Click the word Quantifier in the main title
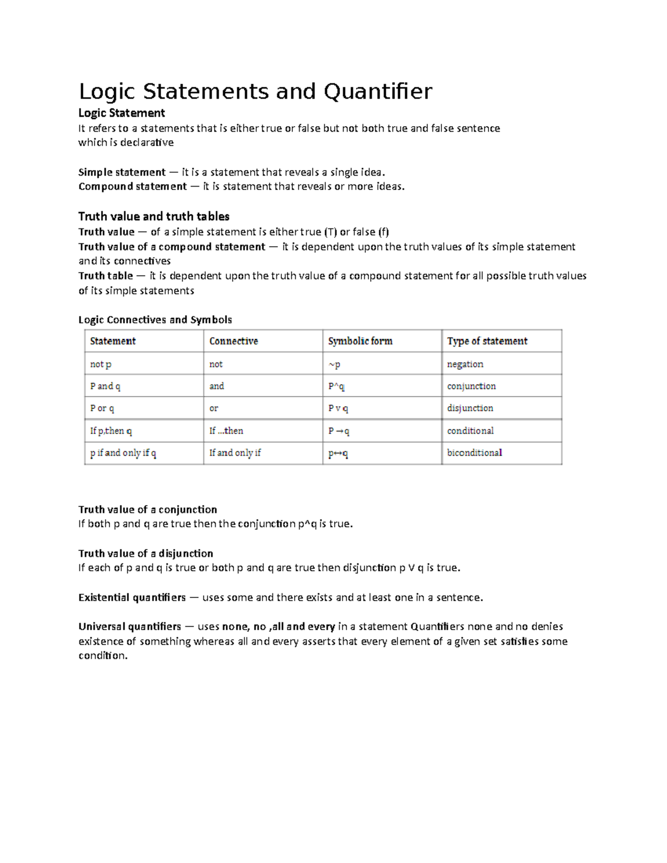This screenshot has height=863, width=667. pos(377,92)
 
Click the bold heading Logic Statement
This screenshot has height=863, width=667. pos(121,113)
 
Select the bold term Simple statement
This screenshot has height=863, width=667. pos(122,172)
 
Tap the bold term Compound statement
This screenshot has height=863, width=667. pos(132,187)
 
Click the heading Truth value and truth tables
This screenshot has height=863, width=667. pos(153,216)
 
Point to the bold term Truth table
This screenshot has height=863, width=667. pos(106,276)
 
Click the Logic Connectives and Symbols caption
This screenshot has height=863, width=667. pos(155,320)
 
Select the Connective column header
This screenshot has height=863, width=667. pos(233,341)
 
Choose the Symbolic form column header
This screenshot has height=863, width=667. pos(360,341)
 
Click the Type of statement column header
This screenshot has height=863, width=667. pos(487,341)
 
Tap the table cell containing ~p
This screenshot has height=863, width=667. pos(334,365)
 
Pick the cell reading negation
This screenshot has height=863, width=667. pos(465,365)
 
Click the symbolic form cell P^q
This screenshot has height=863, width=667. pos(336,386)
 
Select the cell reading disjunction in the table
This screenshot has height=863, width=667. pos(470,408)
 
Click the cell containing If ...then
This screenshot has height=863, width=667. pos(226,431)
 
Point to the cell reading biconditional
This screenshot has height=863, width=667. pos(474,453)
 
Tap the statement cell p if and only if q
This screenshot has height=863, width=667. pos(123,453)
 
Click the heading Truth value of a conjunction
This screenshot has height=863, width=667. pos(147,510)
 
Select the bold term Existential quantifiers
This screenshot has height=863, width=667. pos(132,597)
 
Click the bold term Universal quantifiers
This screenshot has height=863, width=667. pos(130,627)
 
